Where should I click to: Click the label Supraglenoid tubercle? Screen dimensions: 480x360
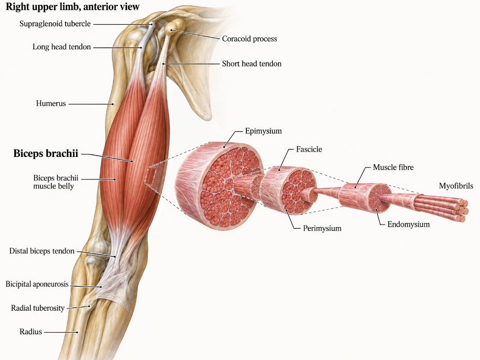tap(55, 24)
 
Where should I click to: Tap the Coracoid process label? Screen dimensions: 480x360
tap(249, 39)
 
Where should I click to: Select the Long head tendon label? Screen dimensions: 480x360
tap(62, 47)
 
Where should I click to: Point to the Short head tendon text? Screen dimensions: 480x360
tap(252, 63)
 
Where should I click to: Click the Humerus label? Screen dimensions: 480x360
tap(51, 103)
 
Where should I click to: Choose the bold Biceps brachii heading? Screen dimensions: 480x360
tap(46, 153)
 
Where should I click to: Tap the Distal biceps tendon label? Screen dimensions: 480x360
tap(42, 251)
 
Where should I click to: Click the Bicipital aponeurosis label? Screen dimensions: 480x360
tap(37, 284)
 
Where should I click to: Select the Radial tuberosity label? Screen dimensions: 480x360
tap(38, 308)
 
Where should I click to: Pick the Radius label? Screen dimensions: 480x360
tap(30, 332)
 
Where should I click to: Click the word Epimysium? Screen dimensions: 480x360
tap(263, 131)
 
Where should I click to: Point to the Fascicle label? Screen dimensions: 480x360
tap(309, 149)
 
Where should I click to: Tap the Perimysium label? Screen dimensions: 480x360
tap(322, 228)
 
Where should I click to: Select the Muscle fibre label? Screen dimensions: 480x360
tap(393, 167)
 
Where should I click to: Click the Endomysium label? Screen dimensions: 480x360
tap(409, 225)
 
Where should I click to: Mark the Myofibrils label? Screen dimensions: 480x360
tap(456, 186)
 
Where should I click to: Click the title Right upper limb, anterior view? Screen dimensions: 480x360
tap(73, 7)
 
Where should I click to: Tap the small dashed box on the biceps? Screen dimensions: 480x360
tap(150, 176)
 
